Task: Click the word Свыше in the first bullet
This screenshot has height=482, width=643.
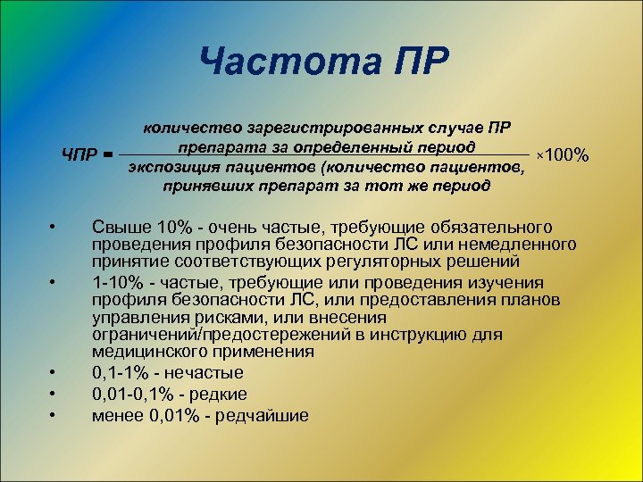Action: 117,227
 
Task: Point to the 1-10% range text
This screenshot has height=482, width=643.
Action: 114,281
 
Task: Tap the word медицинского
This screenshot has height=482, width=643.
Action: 143,352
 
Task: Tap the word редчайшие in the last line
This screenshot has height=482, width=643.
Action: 265,415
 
